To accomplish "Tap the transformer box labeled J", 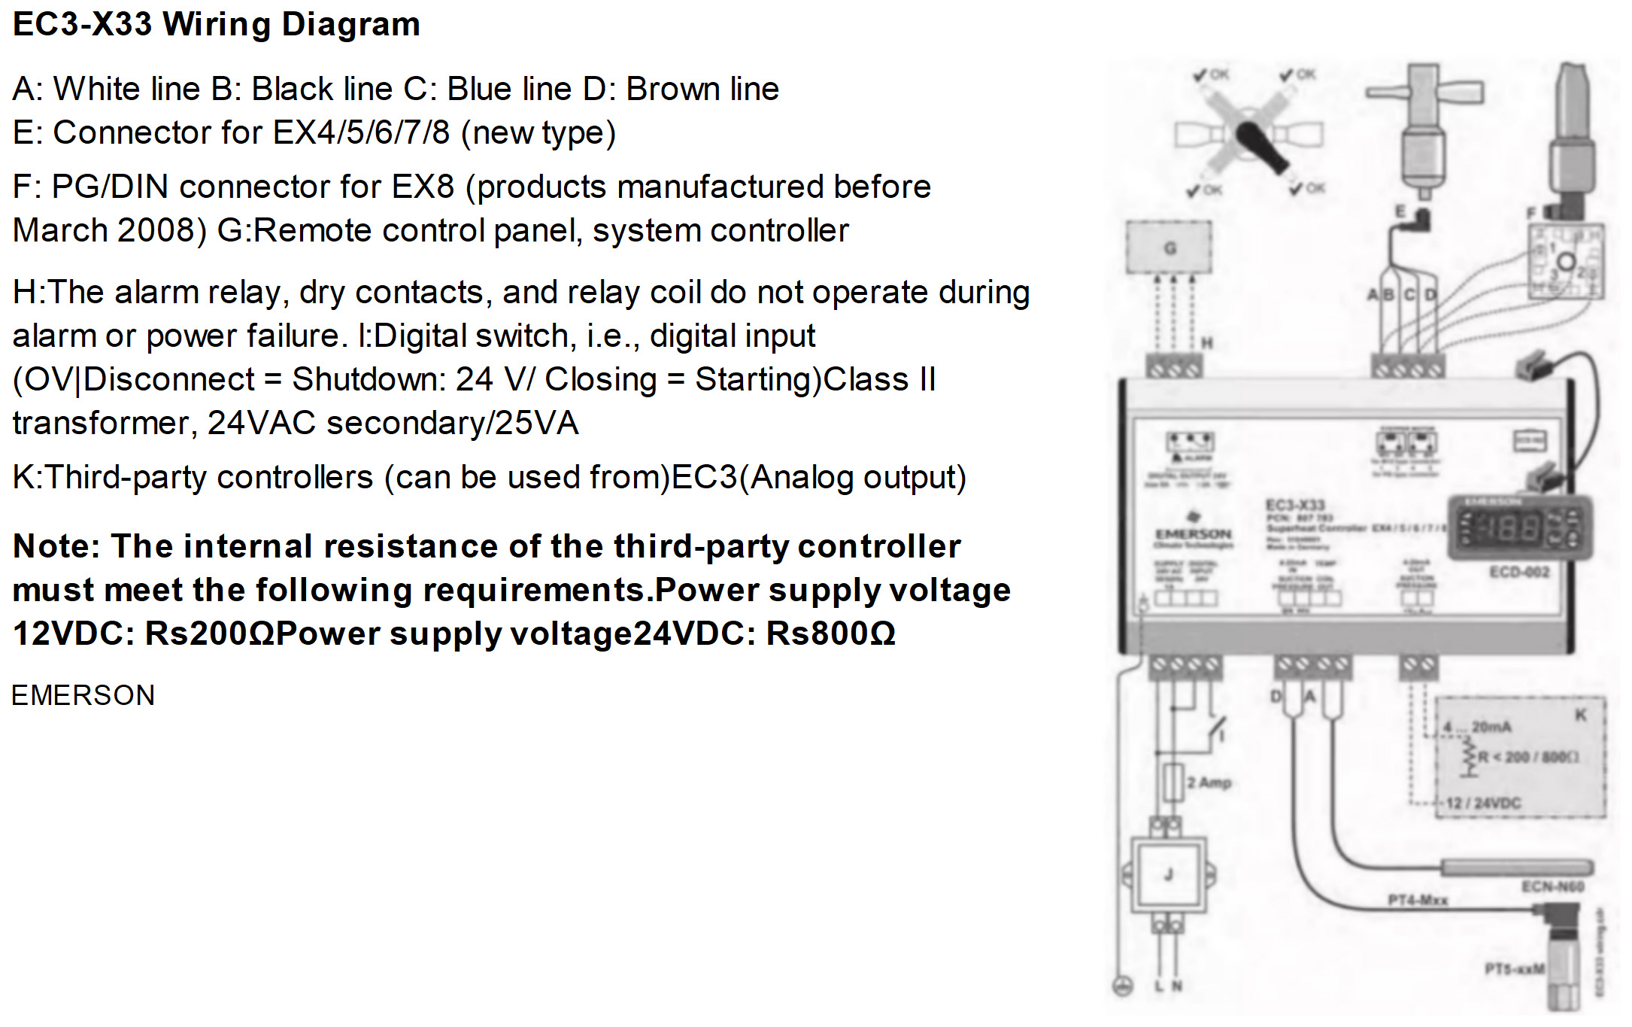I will click(1168, 875).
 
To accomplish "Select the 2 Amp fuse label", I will click(1209, 782).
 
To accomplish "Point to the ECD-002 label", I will click(1519, 572).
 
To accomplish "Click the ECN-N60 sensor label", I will click(1552, 886).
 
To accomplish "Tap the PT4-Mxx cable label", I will click(1417, 900).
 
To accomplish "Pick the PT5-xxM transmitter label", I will click(1514, 968).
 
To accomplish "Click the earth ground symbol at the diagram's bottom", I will click(1122, 986).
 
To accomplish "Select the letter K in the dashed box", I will click(1581, 715).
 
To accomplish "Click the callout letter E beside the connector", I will click(1400, 211).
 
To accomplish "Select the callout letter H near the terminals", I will click(1207, 343).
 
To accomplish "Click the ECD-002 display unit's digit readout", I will click(1509, 527).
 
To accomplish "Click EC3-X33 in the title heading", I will click(83, 24).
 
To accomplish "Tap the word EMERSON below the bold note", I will click(83, 695).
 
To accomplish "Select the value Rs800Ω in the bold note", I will click(830, 634).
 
